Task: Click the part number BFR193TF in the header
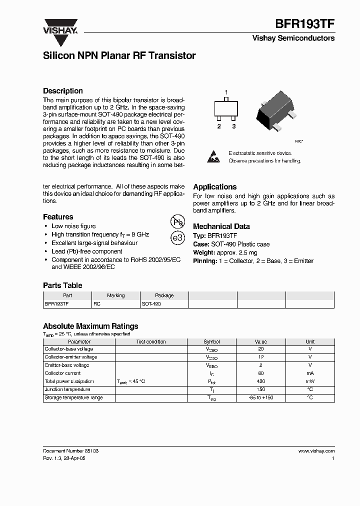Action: click(x=305, y=23)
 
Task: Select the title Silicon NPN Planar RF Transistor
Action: click(x=119, y=56)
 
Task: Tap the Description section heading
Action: click(x=62, y=91)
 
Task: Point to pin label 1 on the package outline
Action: click(x=226, y=92)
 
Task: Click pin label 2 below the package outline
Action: click(x=219, y=126)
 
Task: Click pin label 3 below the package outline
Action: click(x=233, y=126)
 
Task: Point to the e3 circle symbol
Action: click(x=177, y=238)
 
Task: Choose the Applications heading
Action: click(x=214, y=186)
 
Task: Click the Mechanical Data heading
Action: click(x=221, y=226)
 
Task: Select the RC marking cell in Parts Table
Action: click(x=97, y=303)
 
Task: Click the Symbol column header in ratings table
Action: click(x=211, y=341)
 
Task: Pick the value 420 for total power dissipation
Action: click(x=260, y=381)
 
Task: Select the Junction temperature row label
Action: click(x=67, y=389)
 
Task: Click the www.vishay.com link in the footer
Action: click(x=316, y=451)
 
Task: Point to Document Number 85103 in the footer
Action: click(x=70, y=451)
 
